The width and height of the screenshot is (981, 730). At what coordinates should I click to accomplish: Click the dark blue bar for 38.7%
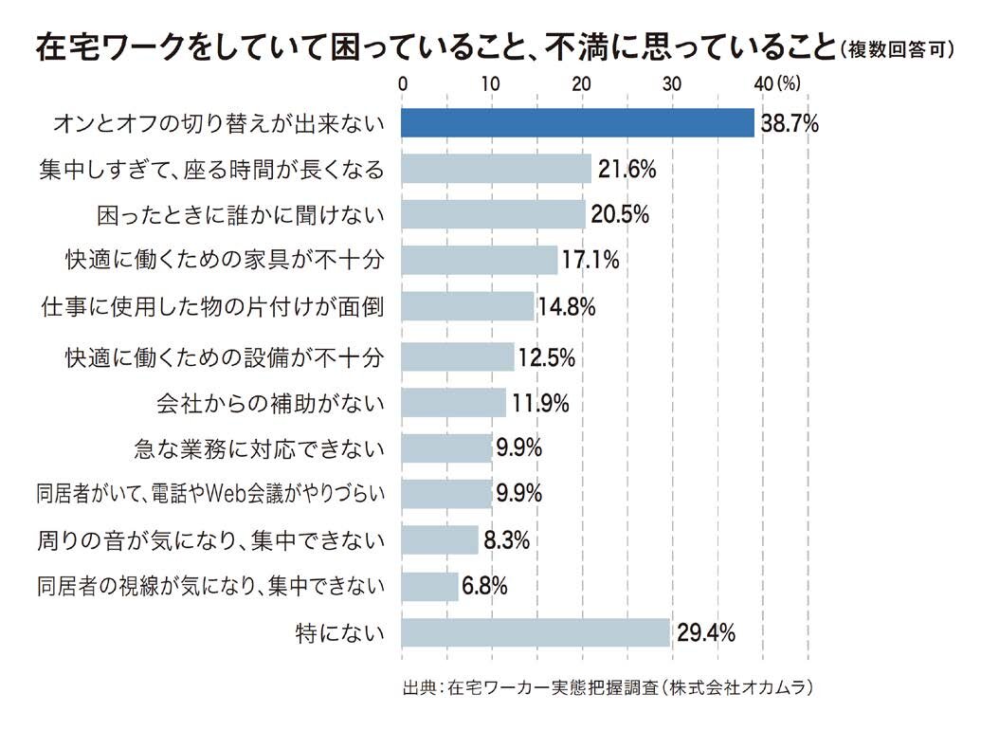tap(578, 123)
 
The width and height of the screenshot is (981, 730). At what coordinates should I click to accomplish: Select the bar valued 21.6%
tap(496, 169)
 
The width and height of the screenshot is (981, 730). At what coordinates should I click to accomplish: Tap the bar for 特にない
tap(536, 632)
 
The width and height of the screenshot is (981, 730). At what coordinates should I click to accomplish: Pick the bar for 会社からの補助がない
tap(453, 403)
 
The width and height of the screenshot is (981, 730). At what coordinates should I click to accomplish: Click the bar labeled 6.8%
tap(429, 586)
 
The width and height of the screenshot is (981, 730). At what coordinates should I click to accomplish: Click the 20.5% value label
tap(618, 215)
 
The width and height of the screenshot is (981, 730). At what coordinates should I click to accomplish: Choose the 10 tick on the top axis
tap(490, 83)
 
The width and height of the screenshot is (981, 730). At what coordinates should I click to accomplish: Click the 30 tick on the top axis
tap(672, 83)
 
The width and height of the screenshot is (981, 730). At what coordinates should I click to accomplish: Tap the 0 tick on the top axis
tap(403, 83)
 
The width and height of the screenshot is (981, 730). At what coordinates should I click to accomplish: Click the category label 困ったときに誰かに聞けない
tap(242, 215)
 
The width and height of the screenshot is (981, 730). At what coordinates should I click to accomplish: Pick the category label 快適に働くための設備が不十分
tap(225, 357)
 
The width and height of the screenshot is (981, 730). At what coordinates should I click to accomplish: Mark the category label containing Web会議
tap(210, 494)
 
